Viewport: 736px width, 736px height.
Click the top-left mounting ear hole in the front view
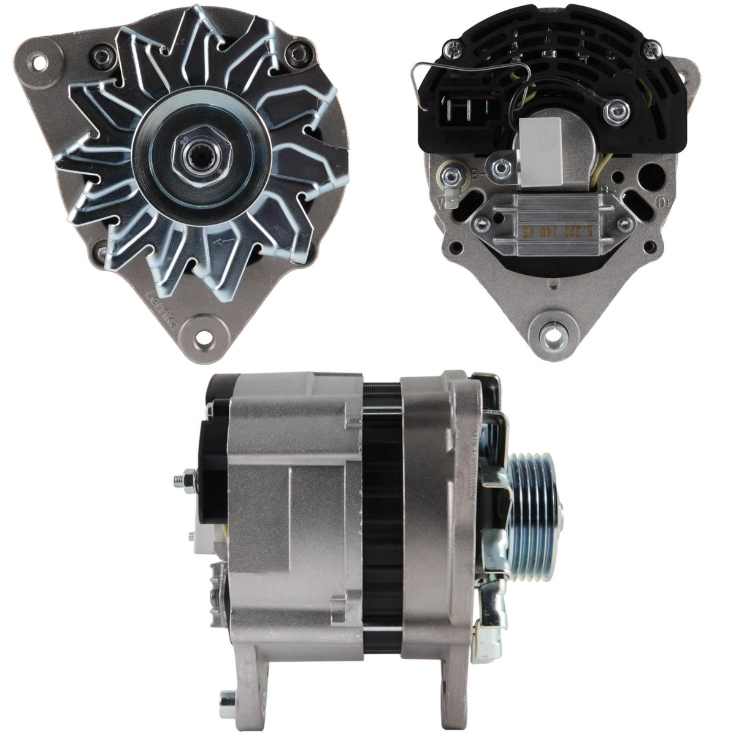coord(41,61)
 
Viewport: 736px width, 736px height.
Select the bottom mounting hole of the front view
coord(207,337)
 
